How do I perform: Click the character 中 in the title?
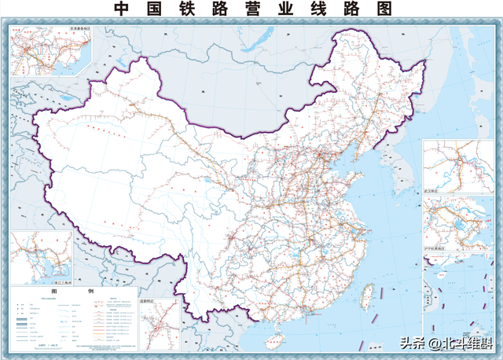121,9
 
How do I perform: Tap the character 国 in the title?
156,9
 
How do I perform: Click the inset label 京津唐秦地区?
74,29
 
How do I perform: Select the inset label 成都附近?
150,299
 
